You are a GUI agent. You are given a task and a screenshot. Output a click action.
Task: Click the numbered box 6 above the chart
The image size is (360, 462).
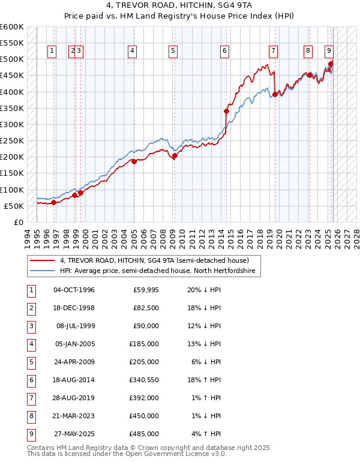[x=224, y=51]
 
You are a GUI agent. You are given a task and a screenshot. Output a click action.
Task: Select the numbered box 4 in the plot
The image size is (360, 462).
[x=131, y=51]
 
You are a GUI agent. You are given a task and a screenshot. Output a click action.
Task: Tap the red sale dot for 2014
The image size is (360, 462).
[x=226, y=111]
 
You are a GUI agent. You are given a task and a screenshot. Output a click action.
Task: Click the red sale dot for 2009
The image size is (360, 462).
[x=175, y=155]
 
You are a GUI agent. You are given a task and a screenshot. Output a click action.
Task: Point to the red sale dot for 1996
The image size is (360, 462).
[x=53, y=202]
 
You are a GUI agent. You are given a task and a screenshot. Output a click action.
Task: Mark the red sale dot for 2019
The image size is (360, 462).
[x=275, y=94]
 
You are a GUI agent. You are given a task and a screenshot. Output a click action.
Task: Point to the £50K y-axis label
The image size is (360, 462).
[x=13, y=206]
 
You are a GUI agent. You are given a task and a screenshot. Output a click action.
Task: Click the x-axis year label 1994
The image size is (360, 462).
[x=28, y=238]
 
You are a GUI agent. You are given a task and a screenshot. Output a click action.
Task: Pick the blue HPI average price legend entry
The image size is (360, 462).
[x=157, y=271]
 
